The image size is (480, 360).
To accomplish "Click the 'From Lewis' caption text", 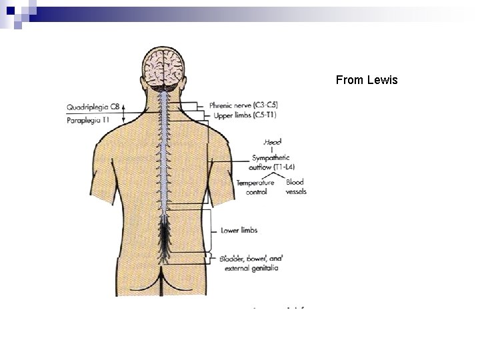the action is tap(367, 80).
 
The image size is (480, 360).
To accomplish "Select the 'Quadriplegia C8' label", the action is tap(93, 107).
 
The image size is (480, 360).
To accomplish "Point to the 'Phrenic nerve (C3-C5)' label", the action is tap(243, 105).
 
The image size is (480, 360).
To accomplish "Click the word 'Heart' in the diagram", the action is tap(272, 142).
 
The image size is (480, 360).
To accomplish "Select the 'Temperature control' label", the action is tap(255, 187).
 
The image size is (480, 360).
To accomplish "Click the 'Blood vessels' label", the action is tap(295, 187).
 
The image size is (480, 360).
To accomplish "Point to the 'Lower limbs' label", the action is tap(239, 230).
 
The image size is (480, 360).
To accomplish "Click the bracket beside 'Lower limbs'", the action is tap(213, 230).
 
